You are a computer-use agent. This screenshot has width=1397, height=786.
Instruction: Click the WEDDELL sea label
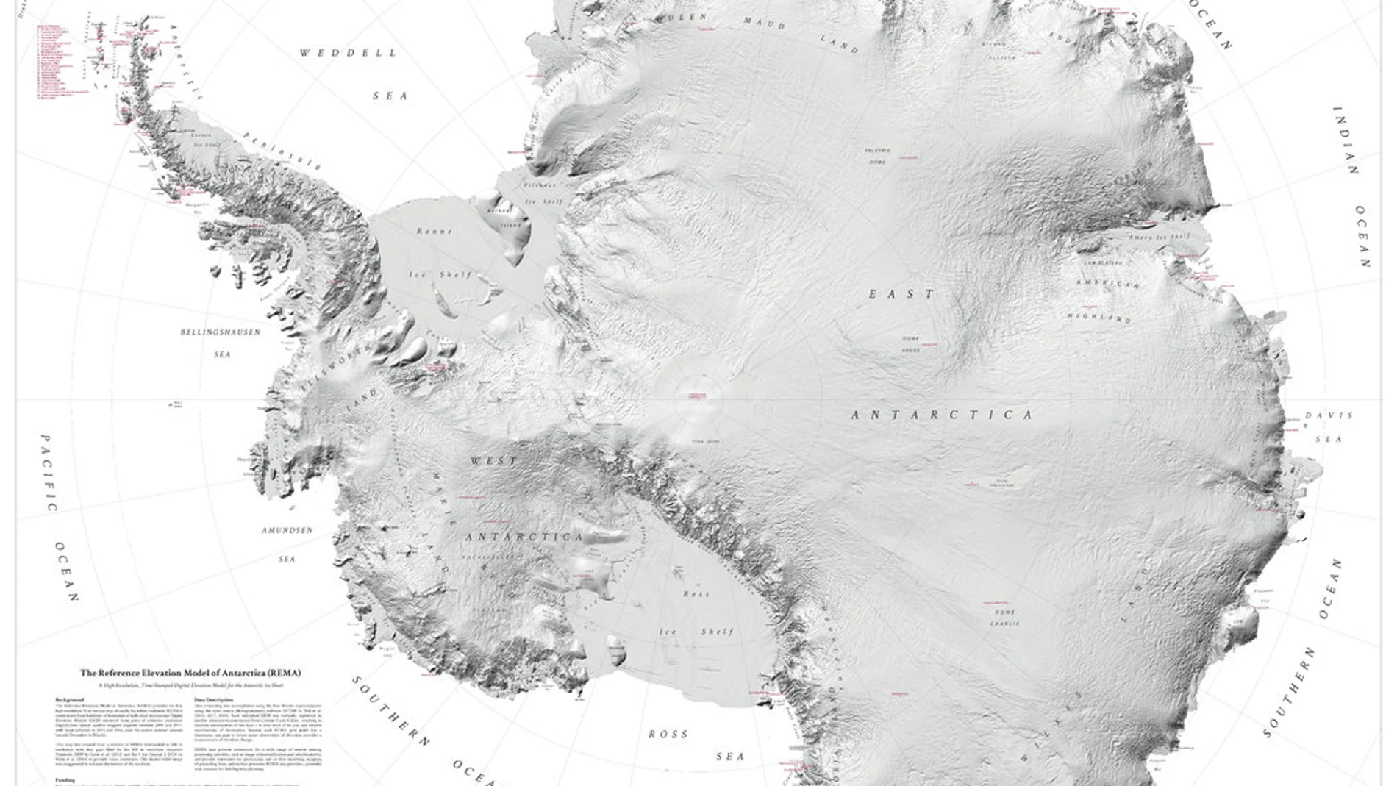tap(349, 53)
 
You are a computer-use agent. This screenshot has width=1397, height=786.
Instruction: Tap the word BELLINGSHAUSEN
tap(221, 332)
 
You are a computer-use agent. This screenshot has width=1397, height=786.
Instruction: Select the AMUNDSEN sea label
tap(287, 530)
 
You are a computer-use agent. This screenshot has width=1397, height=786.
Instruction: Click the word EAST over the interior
tap(901, 294)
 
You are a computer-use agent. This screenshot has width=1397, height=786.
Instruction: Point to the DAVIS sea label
tap(1329, 415)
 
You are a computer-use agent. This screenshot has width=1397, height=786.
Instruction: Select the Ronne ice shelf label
tap(435, 231)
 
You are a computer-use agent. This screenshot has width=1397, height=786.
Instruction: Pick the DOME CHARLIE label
tap(1004, 618)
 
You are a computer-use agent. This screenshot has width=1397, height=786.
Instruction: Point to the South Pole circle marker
tap(697, 398)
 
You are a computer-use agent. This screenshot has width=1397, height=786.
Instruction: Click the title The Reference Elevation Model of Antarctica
tap(190, 673)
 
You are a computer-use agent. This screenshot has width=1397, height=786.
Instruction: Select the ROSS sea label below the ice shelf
tap(668, 734)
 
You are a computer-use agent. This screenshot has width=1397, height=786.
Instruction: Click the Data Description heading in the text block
tap(214, 699)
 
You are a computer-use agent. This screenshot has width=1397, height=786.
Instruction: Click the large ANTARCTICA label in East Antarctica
tap(942, 415)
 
